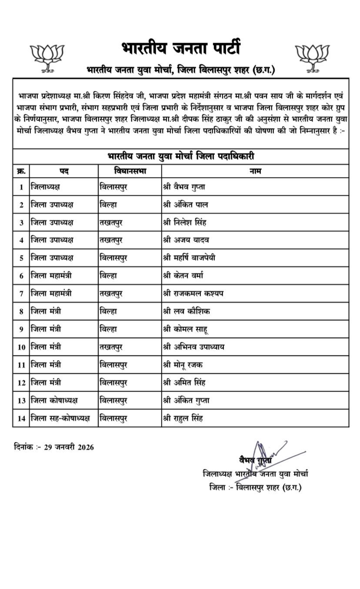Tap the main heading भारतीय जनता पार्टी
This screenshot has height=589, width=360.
180,48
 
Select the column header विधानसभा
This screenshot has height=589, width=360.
130,171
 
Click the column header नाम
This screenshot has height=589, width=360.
255,171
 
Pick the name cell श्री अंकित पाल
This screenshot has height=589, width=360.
182,204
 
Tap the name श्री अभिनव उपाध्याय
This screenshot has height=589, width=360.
193,347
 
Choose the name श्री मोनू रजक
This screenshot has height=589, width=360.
182,365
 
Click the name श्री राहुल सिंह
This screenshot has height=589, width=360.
183,418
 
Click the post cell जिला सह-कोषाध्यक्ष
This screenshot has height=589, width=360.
60,418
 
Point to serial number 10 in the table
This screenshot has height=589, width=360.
21,347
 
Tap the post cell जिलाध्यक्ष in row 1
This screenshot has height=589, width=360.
45,187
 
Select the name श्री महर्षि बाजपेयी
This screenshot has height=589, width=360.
189,258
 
